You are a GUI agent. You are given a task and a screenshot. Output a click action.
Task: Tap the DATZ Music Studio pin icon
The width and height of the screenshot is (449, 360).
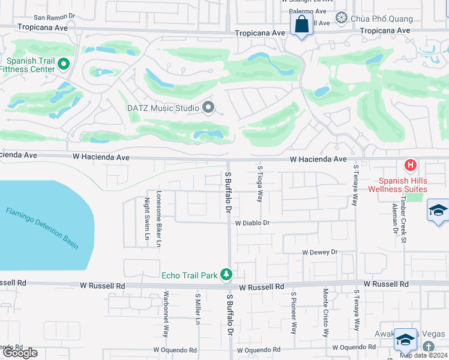point(208,108)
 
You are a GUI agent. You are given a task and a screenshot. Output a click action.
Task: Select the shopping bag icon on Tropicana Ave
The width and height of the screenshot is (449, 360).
point(301,25)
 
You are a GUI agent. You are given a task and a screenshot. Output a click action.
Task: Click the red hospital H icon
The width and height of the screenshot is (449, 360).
point(411,164)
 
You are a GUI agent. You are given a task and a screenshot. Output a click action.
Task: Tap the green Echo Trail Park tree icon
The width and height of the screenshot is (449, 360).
point(226,275)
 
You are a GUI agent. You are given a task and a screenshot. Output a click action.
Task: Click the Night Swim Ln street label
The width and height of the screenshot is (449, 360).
point(146,219)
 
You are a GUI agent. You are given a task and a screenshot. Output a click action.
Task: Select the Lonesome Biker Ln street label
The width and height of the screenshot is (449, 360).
point(159,219)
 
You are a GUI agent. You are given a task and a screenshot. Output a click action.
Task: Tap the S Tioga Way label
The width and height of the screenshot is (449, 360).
point(260,184)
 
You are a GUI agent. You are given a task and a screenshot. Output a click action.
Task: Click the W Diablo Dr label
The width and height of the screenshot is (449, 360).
point(253,223)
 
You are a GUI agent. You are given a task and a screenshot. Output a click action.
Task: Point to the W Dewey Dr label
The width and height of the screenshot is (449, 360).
point(320,253)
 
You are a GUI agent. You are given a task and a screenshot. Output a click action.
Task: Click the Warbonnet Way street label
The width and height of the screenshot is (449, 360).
point(166,314)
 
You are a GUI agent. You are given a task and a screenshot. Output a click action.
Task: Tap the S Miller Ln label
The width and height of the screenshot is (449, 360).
point(197,309)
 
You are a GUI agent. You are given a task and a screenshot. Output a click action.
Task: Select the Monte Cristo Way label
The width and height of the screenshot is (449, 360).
point(325,314)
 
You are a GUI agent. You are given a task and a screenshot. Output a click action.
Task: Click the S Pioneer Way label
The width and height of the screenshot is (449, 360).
point(294,313)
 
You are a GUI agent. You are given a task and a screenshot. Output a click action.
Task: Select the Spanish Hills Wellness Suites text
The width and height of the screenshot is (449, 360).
point(402,185)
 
